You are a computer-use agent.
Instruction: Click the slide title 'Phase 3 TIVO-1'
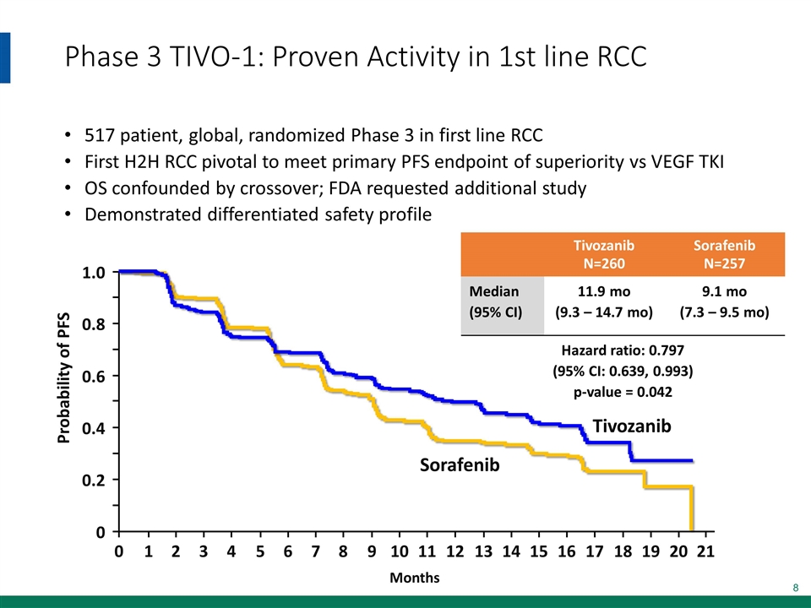[x=355, y=57]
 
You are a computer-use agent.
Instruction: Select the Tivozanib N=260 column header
[x=603, y=253]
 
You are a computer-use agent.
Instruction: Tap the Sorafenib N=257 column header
[x=724, y=253]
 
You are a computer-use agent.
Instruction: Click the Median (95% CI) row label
[x=495, y=301]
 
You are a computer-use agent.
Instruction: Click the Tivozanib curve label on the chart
[x=632, y=426]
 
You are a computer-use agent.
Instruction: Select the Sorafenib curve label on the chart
[x=460, y=465]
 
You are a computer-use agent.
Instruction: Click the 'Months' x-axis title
[x=414, y=578]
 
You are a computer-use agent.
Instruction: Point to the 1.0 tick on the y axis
[x=94, y=273]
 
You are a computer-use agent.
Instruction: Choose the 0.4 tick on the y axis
[x=94, y=428]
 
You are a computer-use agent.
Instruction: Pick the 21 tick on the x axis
[x=707, y=552]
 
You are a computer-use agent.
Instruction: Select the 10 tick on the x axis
[x=400, y=552]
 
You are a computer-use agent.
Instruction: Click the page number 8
[x=795, y=587]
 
